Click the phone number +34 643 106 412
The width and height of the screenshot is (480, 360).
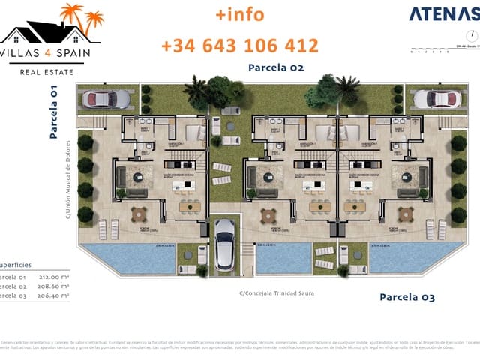click(x=240, y=46)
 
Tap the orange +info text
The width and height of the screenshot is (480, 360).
click(x=240, y=14)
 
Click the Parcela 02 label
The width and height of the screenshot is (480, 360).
click(x=276, y=67)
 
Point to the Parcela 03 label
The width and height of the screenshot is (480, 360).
click(x=406, y=297)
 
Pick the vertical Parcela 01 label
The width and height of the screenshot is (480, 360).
click(x=54, y=112)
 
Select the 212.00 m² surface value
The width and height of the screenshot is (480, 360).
click(x=53, y=276)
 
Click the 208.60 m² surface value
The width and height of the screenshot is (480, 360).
click(x=53, y=286)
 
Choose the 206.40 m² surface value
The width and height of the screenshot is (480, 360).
click(x=53, y=295)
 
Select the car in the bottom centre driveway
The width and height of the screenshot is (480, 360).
click(x=226, y=244)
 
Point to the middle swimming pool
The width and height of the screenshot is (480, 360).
click(x=283, y=257)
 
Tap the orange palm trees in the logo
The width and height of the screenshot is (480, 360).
click(x=81, y=16)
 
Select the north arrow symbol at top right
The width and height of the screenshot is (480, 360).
click(x=469, y=35)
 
